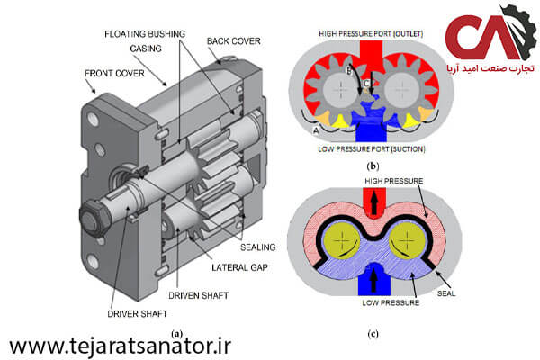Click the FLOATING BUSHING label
coord(145,34)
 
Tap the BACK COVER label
coord(233,41)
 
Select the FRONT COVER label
coord(114,74)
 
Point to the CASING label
coord(146,49)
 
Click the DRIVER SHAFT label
coord(138,314)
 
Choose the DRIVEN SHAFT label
coord(198,295)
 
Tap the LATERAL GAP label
coord(239,267)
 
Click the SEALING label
coord(258,247)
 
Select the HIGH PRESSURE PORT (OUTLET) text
coord(371,34)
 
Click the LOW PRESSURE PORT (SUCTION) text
coord(371,149)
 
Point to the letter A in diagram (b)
coord(316,130)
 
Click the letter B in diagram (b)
coord(348,71)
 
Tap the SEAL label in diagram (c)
coord(446,293)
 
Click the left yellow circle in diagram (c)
coord(342,242)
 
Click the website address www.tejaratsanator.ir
coord(121,346)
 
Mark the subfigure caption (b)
coord(373,166)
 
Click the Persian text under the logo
coord(490,68)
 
